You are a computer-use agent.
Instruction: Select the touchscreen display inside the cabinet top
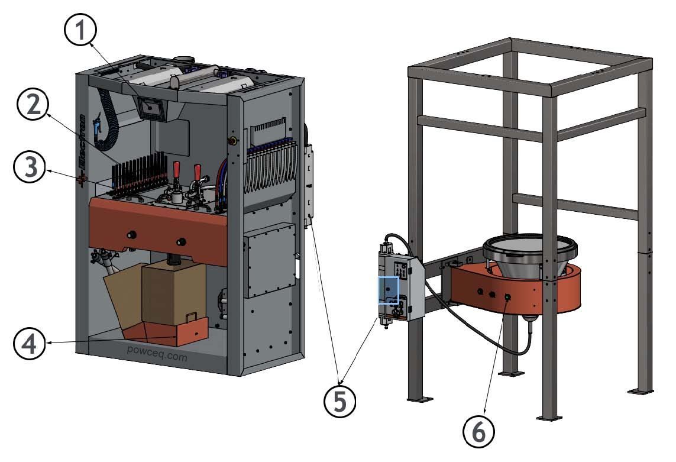pos(152,108)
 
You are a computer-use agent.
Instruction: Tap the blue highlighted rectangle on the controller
pos(389,290)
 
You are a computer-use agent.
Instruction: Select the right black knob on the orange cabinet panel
pos(181,241)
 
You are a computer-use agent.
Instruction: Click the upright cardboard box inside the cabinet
pos(173,293)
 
